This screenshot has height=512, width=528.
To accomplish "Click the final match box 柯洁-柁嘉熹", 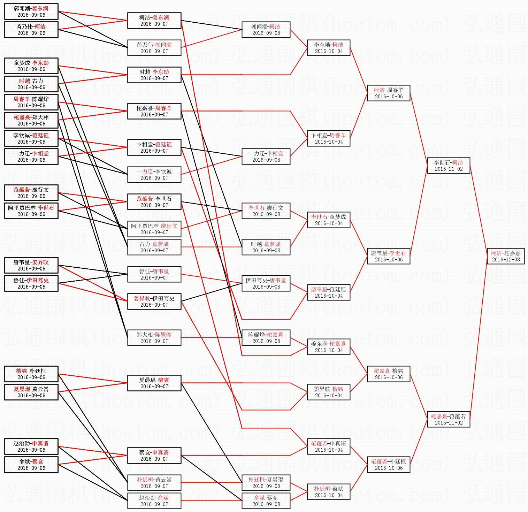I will click(x=505, y=256).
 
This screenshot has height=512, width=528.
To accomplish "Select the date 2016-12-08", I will click(x=506, y=259).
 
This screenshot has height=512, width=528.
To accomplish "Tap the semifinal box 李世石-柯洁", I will click(x=448, y=165).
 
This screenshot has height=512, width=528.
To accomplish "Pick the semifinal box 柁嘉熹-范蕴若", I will click(x=448, y=419).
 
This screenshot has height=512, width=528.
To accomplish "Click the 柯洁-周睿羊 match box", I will click(x=389, y=93).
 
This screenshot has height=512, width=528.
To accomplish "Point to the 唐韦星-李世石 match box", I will click(x=389, y=256).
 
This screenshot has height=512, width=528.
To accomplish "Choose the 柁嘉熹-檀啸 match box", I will click(x=389, y=374).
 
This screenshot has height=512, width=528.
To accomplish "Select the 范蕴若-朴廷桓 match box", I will click(x=389, y=464).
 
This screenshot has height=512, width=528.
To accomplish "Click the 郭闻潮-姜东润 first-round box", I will click(x=31, y=11).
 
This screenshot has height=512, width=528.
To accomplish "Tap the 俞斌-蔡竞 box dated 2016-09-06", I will click(x=31, y=464).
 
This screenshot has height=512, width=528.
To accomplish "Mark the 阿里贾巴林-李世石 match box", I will click(x=31, y=211).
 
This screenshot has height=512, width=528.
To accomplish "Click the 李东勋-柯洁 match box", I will click(x=328, y=47).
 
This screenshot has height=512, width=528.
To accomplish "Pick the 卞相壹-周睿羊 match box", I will click(x=328, y=138).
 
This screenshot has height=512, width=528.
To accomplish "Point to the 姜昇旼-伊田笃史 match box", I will click(x=154, y=301).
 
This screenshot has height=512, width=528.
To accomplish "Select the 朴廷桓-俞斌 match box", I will click(x=328, y=491).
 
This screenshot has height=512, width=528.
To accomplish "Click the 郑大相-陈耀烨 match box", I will click(x=154, y=337).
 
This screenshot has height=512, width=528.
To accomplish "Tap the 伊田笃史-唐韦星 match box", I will click(x=266, y=283).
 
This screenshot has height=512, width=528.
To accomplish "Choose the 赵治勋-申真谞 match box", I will click(x=31, y=446).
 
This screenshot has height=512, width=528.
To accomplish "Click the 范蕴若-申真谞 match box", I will click(x=328, y=446).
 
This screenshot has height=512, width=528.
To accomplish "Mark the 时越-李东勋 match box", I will click(x=154, y=75).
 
